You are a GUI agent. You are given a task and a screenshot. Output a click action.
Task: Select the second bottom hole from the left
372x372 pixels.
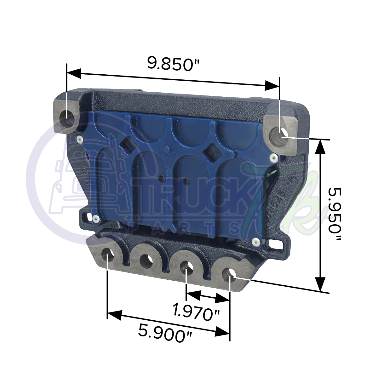click(x=146, y=260)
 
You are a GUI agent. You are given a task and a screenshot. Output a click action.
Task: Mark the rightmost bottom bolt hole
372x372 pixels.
click(x=229, y=273)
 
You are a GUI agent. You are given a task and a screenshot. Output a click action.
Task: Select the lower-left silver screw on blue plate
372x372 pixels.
click(x=94, y=217)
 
